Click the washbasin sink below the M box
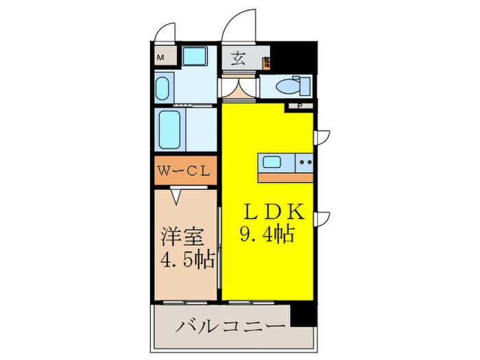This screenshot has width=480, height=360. [163, 88]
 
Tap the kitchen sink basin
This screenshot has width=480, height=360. [272, 163]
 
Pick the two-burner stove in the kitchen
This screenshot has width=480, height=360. [304, 163]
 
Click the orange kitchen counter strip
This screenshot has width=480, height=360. [285, 176]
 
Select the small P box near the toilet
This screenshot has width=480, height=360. [300, 106]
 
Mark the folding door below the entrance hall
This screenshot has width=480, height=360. [239, 88]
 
